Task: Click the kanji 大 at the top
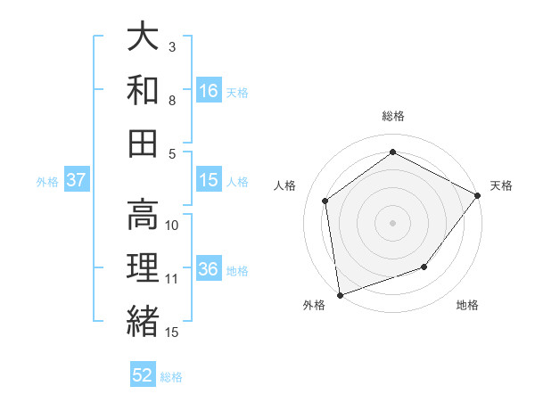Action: (x=143, y=37)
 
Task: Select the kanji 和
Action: (x=143, y=90)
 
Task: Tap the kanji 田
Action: (x=143, y=143)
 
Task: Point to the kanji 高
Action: (x=143, y=214)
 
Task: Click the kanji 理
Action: (x=143, y=267)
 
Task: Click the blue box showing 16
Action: (x=208, y=91)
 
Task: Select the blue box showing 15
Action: (x=208, y=180)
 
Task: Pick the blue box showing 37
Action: (x=77, y=180)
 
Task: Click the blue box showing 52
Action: (x=143, y=375)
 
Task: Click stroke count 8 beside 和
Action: (x=171, y=100)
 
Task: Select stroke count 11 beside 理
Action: (x=172, y=278)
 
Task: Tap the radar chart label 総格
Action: (x=392, y=117)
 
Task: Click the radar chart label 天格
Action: (x=501, y=185)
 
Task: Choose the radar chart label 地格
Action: (x=467, y=306)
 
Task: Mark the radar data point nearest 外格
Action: (x=339, y=294)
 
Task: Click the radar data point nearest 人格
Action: (x=325, y=201)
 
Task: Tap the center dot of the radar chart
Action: (x=392, y=222)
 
